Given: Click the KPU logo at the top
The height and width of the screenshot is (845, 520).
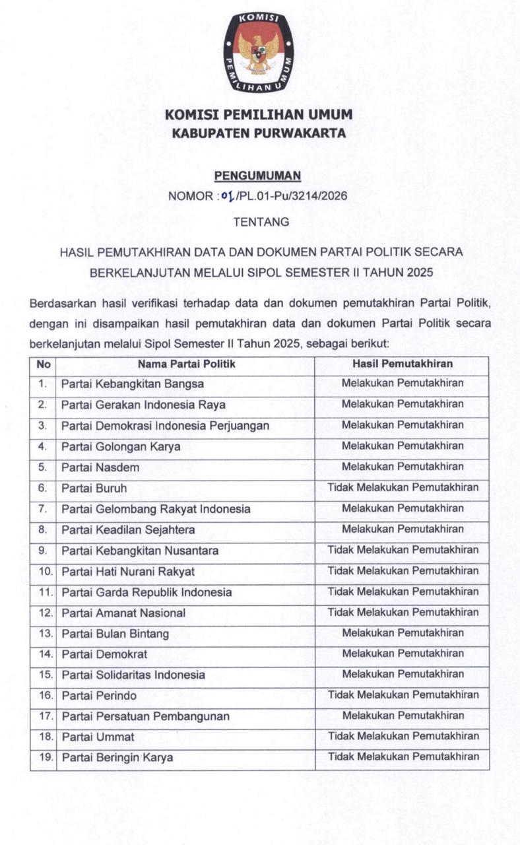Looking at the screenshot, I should click(259, 51).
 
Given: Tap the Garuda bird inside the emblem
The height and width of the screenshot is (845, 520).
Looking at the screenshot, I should click(259, 54).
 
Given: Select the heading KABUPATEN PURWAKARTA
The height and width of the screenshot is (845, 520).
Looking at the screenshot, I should click(259, 133).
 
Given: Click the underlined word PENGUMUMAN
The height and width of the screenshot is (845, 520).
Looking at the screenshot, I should click(257, 176).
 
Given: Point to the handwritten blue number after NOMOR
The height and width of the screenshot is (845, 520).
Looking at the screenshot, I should click(228, 196).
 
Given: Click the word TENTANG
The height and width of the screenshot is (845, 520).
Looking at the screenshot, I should click(261, 222).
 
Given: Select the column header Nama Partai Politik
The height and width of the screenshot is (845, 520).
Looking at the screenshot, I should click(186, 364).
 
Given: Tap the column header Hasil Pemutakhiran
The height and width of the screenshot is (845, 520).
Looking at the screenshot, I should click(402, 364).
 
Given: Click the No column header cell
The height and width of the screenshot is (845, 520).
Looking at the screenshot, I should click(43, 364).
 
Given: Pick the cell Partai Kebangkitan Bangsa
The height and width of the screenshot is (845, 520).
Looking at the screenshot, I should click(133, 384).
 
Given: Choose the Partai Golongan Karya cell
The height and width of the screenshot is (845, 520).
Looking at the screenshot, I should click(121, 446).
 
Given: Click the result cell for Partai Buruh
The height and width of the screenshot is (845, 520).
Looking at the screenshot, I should click(403, 488).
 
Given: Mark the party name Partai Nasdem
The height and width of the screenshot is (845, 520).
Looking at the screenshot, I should click(100, 467).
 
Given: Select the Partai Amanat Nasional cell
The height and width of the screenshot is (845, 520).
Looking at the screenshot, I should click(123, 613).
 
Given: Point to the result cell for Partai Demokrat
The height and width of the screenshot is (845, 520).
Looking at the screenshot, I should click(403, 654).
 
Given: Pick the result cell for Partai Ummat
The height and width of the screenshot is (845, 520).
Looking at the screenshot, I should click(403, 736).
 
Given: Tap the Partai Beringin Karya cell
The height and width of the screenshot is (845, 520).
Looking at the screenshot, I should click(117, 758).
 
